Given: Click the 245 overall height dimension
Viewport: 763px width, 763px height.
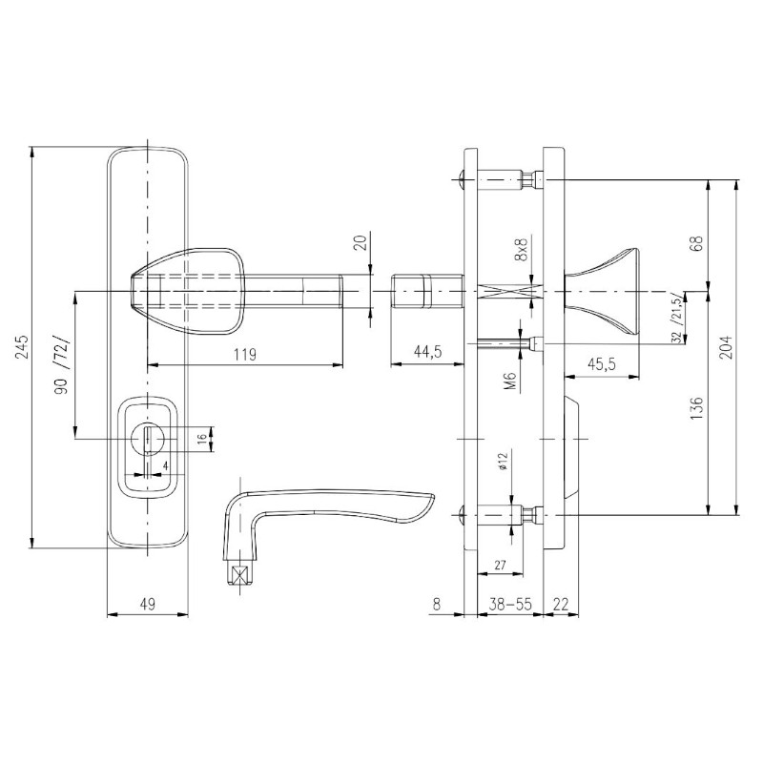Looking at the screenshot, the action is pyautogui.click(x=21, y=346).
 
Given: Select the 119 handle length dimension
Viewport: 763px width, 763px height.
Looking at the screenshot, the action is pyautogui.click(x=245, y=354).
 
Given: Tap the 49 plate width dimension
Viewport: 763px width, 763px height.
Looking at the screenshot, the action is pyautogui.click(x=148, y=604).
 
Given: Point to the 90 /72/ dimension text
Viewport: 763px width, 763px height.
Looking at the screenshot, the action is pyautogui.click(x=63, y=365).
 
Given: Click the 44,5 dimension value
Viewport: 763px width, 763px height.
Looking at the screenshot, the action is pyautogui.click(x=428, y=351).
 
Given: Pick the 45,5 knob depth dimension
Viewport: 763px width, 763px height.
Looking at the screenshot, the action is pyautogui.click(x=602, y=364).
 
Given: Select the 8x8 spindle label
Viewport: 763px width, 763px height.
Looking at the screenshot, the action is pyautogui.click(x=522, y=250).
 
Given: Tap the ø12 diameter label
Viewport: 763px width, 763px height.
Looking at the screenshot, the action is pyautogui.click(x=504, y=461).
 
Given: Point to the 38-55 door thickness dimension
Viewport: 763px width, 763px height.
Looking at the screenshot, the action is pyautogui.click(x=510, y=604).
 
